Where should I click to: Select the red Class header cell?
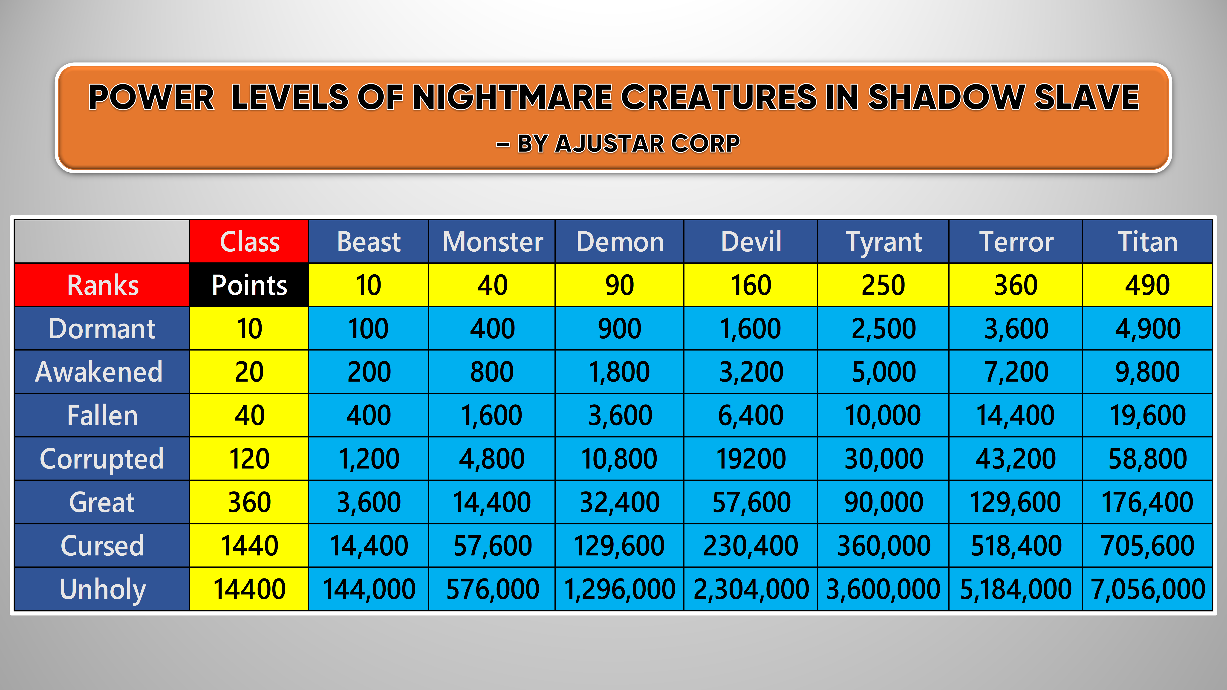tap(249, 241)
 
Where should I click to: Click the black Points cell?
tap(249, 285)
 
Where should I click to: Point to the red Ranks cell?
tap(102, 285)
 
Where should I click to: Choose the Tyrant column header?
tap(883, 241)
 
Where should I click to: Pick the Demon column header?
tap(619, 241)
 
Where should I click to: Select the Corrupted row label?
tap(102, 459)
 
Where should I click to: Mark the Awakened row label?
tap(102, 371)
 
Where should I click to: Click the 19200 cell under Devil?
tap(751, 459)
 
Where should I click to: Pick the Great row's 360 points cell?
tap(249, 502)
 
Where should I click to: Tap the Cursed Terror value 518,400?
tap(1016, 545)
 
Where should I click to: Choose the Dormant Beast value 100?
tap(368, 328)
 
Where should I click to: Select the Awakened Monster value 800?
tap(492, 371)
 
